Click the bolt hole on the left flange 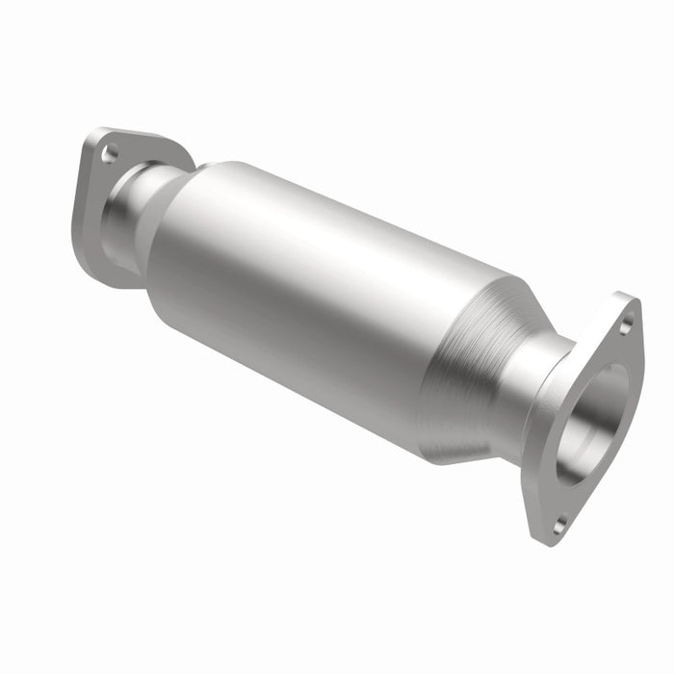110,152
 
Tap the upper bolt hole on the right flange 626,326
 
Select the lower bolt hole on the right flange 559,525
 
